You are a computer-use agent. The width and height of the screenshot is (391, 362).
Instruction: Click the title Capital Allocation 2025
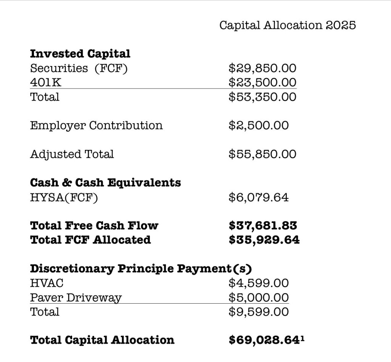pos(288,25)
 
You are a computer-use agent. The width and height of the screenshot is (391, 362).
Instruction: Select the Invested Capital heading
pos(80,54)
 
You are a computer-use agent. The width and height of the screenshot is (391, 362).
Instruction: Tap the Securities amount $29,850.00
pos(262,68)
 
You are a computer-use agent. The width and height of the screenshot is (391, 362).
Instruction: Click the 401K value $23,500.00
pos(262,82)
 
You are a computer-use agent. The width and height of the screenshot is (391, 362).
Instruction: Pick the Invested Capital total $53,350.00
pos(262,97)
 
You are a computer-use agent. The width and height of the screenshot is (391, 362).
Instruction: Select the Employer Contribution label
pos(96,125)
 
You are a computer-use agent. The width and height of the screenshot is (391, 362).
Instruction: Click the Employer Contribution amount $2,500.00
pos(259,125)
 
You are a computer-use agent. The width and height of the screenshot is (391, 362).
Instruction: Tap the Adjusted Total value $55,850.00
pos(262,154)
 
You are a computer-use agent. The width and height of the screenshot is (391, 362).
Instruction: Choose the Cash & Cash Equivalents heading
pos(105,183)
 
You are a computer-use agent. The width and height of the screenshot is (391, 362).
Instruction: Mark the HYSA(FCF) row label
pos(64,197)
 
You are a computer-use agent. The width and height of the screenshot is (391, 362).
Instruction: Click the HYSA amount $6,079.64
pos(259,197)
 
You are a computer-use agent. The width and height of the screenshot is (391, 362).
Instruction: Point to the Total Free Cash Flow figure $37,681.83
pos(263,225)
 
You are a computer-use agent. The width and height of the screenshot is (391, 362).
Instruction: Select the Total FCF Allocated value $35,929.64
pos(264,240)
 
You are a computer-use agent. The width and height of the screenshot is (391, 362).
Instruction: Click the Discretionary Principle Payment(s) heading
pos(141,269)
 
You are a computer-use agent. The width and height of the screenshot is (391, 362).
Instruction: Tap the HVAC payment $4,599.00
pos(259,283)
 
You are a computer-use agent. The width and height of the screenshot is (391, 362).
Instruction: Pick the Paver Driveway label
pos(76,298)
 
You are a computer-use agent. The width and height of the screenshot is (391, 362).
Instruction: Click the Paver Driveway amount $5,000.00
pos(259,298)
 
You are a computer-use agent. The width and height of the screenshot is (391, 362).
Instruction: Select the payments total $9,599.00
pos(259,312)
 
